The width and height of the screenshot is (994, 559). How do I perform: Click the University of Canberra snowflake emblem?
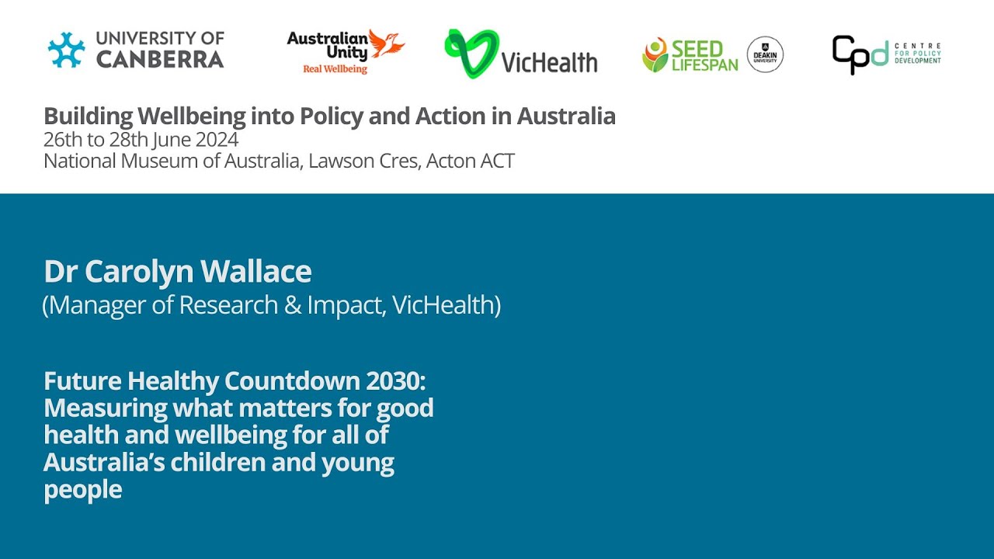pyautogui.click(x=66, y=50)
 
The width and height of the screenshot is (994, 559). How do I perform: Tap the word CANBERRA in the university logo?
pyautogui.click(x=160, y=60)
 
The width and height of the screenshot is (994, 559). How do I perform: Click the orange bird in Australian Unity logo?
pyautogui.click(x=386, y=44)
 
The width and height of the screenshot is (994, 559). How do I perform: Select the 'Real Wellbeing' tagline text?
pyautogui.click(x=335, y=69)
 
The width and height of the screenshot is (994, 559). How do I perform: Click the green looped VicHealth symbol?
pyautogui.click(x=471, y=53)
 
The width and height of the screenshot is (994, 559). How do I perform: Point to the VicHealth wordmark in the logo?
pyautogui.click(x=549, y=62)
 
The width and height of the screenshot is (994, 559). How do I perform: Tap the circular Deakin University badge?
pyautogui.click(x=765, y=54)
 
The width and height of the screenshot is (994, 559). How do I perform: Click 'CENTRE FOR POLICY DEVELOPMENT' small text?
pyautogui.click(x=917, y=54)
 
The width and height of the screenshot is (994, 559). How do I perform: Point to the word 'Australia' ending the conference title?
pyautogui.click(x=566, y=116)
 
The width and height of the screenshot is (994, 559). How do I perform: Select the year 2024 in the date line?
pyautogui.click(x=216, y=140)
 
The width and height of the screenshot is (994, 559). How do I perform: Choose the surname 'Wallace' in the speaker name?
pyautogui.click(x=255, y=272)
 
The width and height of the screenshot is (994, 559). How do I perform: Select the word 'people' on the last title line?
pyautogui.click(x=82, y=490)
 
